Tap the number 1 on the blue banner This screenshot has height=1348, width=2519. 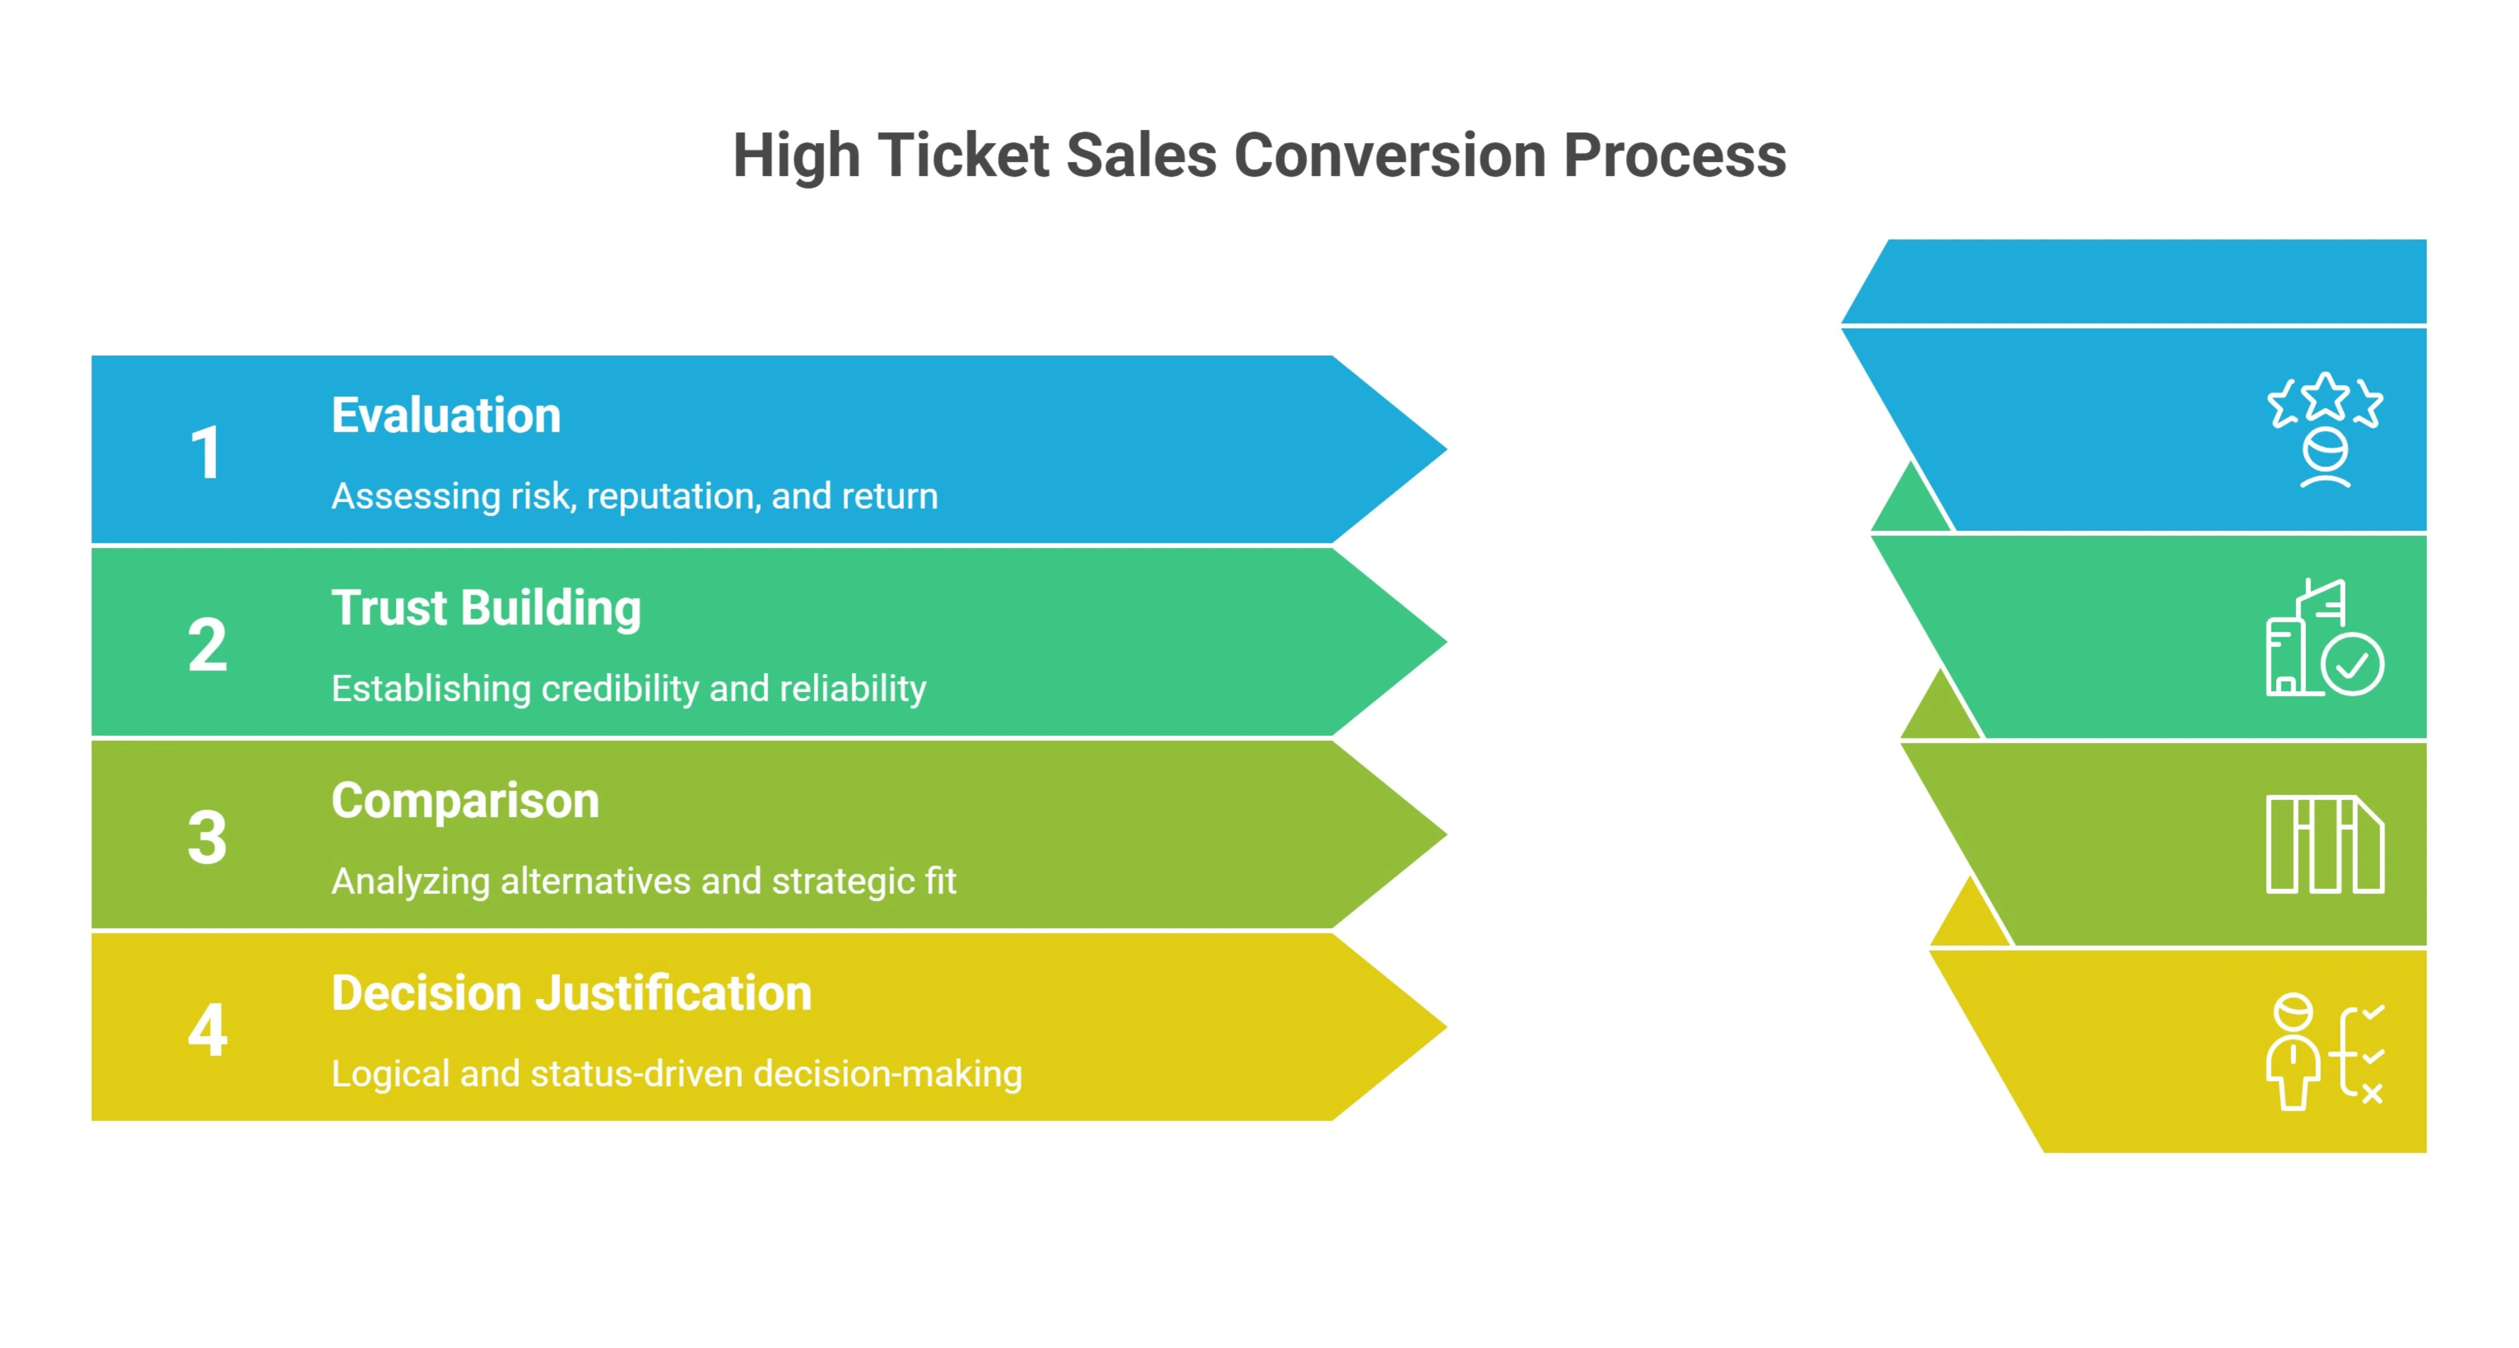click(x=206, y=453)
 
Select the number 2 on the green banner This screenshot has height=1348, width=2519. click(x=207, y=645)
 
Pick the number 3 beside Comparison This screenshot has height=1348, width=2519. click(x=207, y=838)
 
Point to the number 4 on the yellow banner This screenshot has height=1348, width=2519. click(x=207, y=1030)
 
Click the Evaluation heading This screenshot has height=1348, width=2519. click(x=446, y=416)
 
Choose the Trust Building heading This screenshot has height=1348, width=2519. click(x=486, y=608)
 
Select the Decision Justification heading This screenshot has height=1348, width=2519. click(x=571, y=993)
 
